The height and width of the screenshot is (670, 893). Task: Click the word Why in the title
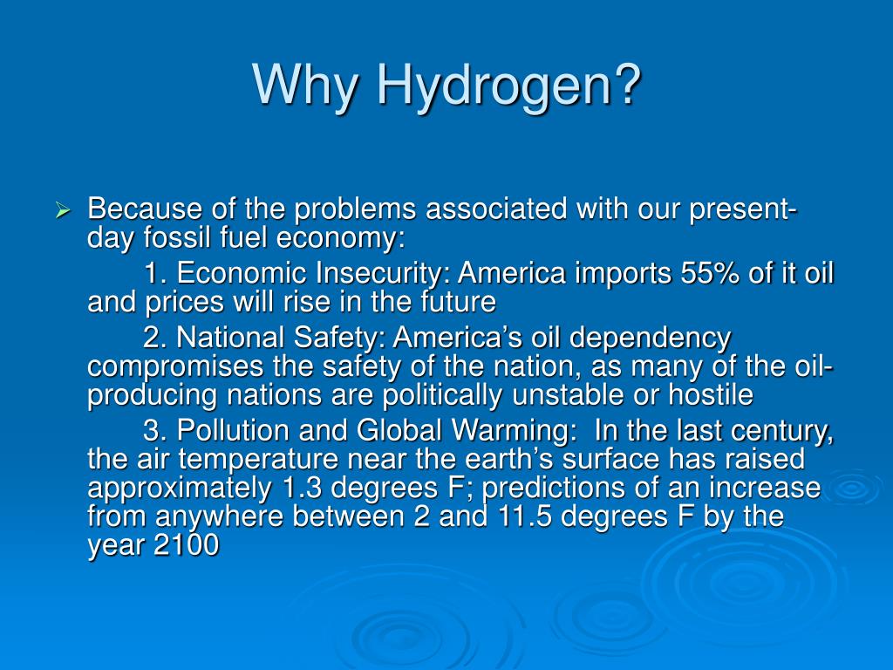pos(306,85)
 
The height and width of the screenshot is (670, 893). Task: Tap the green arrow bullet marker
pos(62,211)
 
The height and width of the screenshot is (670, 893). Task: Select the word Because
pos(145,209)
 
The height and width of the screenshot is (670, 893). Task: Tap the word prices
pos(185,302)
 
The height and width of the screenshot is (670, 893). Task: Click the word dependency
pos(651,338)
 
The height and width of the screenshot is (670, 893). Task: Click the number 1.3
pos(301,488)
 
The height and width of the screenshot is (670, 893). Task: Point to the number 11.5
pos(526,516)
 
